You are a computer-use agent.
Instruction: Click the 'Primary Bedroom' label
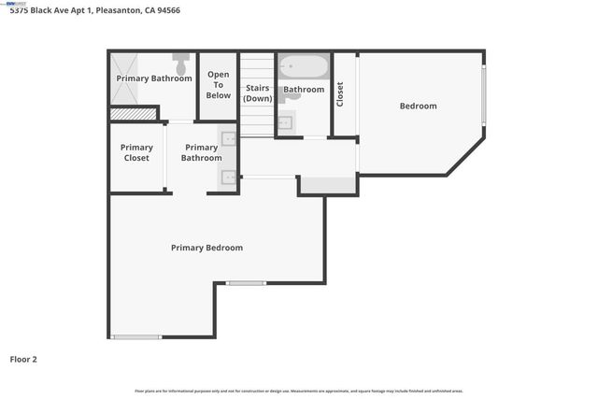206,248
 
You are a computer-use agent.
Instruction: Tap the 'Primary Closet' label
136,152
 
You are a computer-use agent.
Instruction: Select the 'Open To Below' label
219,85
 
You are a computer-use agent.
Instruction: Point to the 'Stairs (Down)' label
257,92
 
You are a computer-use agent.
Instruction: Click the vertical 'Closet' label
340,94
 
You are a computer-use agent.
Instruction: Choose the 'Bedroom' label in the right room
418,106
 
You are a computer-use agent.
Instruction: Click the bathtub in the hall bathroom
304,67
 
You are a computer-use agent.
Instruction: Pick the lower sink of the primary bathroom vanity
229,176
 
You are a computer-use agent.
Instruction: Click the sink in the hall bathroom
285,122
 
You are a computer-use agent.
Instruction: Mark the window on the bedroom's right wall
483,96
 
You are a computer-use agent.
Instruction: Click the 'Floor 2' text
23,359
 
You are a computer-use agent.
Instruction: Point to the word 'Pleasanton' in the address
119,11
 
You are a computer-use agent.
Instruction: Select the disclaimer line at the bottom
299,391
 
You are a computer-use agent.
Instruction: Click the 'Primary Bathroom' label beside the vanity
201,152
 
